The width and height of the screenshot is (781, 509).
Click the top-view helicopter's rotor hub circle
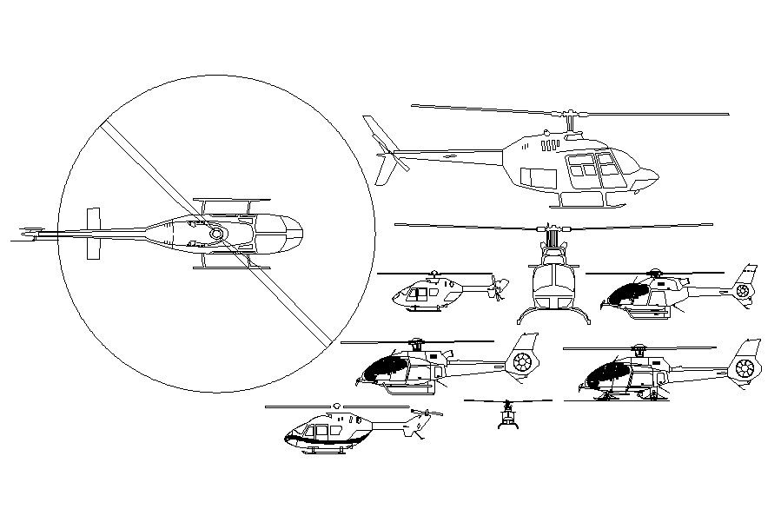(x=216, y=233)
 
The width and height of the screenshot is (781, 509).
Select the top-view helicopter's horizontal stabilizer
(x=93, y=233)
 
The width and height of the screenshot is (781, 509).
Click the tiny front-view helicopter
(x=507, y=416)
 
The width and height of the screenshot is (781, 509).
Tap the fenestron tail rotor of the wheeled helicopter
(x=745, y=368)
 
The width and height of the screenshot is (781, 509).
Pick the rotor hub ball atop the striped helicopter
(x=335, y=406)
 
